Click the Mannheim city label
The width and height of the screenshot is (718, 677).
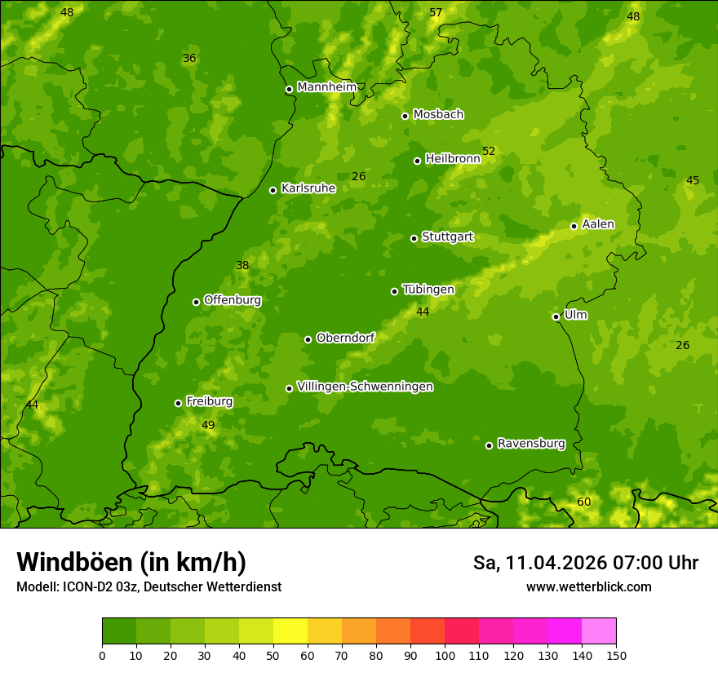point(327,87)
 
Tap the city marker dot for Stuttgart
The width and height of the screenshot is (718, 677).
point(414,238)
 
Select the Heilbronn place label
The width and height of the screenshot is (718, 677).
point(453,159)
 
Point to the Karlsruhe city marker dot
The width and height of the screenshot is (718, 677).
point(273,190)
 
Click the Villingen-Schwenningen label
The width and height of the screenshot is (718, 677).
point(366,387)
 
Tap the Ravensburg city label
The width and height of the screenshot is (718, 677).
point(531,444)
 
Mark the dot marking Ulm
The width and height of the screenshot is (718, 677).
point(556,316)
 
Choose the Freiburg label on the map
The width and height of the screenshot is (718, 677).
point(209,401)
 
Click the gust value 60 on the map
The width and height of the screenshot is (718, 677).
point(584,502)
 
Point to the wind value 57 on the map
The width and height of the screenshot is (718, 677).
point(436,12)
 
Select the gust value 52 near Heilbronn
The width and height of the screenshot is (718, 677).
point(489,151)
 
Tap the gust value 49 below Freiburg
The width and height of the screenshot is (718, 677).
point(208,425)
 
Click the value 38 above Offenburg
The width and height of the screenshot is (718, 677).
point(242,265)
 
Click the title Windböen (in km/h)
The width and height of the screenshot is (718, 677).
point(131,562)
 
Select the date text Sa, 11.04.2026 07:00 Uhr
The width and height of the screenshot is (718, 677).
point(586,563)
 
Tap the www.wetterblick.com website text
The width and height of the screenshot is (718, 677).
point(588,587)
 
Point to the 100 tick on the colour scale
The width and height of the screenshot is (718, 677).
point(445,655)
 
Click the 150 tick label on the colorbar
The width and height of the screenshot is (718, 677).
point(616,655)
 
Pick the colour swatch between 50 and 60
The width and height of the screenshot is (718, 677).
point(290,631)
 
